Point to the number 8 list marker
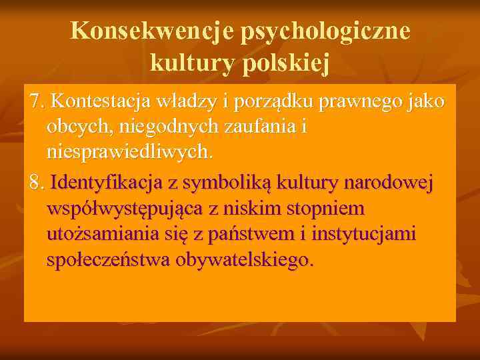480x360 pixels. [x=36, y=182]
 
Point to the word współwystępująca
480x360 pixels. [x=125, y=209]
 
